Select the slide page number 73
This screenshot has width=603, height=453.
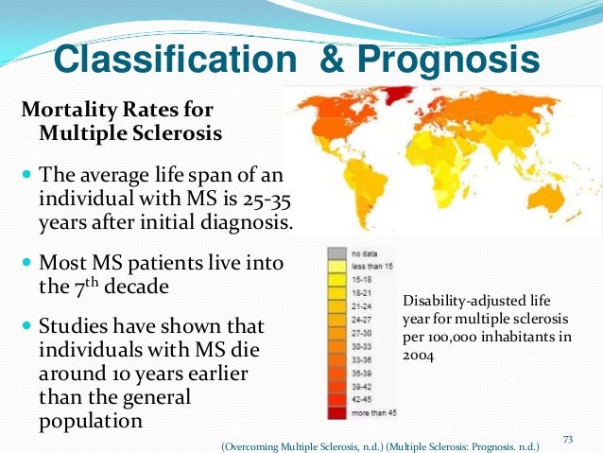pos(568,438)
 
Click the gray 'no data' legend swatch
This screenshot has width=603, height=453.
pos(336,254)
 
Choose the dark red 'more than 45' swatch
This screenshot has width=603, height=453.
pos(336,413)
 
